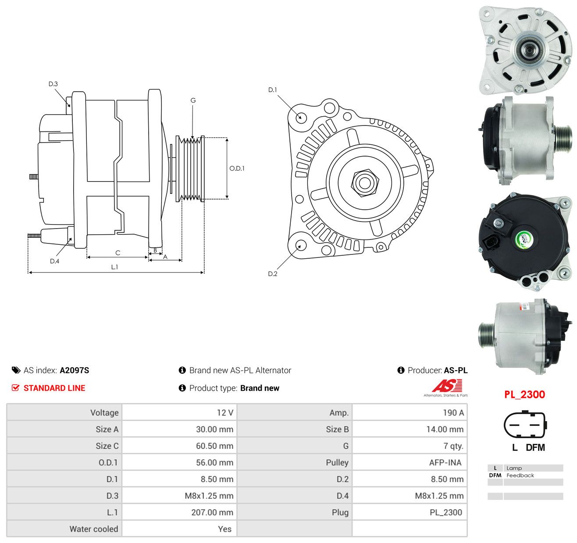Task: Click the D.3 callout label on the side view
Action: tap(53, 84)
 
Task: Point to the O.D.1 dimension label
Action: tap(237, 168)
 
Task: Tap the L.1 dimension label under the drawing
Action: tap(114, 267)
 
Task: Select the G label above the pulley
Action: tap(193, 100)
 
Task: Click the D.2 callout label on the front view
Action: tap(273, 274)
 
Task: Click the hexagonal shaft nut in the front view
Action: tap(365, 182)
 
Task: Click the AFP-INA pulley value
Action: tap(445, 462)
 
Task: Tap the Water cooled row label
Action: tap(94, 529)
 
